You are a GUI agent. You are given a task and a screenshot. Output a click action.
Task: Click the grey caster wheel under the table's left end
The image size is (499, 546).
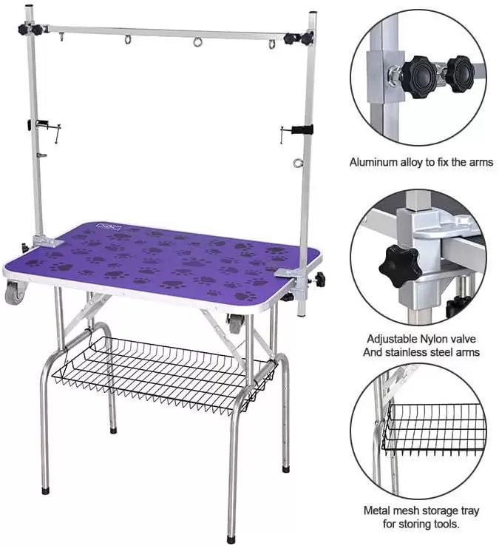click(16, 291)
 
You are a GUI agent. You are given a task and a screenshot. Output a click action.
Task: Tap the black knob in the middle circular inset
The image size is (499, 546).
click(400, 266)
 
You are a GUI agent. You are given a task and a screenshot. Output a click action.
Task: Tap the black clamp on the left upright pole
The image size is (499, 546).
click(39, 124)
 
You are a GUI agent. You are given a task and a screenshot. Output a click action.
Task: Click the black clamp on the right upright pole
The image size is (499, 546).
click(302, 130)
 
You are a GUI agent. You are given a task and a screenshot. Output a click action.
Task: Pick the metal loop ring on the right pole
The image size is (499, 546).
click(298, 162)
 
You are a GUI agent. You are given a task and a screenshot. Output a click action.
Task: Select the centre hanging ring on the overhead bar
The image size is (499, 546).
click(197, 42)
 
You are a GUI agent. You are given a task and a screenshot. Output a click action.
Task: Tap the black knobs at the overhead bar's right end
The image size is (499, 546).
click(299, 38)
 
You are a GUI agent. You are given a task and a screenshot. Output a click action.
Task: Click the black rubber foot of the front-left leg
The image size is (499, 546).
click(46, 491)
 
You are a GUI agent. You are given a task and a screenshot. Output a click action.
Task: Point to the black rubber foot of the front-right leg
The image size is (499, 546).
click(231, 539)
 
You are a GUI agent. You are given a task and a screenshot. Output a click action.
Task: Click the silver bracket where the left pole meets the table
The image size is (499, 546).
click(46, 240)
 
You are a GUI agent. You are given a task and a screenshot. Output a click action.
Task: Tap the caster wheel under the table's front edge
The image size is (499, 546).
click(234, 323)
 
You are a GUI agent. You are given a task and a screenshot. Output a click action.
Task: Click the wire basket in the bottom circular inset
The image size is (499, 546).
click(433, 429)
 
